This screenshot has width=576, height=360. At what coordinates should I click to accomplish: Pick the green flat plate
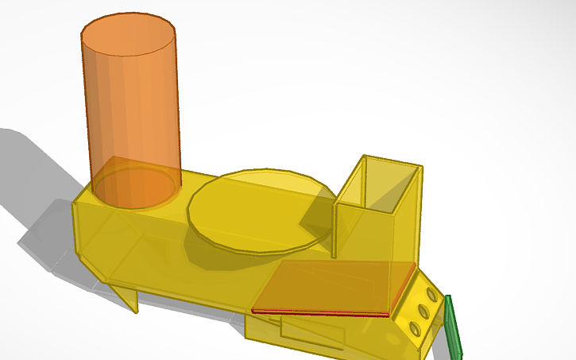click(x=454, y=326)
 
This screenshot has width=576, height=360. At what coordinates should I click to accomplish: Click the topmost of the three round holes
click(x=431, y=295)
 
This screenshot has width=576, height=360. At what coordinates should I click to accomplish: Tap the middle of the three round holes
click(x=423, y=311)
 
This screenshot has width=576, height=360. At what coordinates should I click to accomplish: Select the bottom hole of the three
click(x=415, y=327)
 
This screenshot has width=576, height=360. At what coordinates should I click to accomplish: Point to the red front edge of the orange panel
click(x=318, y=312)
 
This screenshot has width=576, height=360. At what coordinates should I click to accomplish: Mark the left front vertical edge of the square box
click(x=336, y=230)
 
